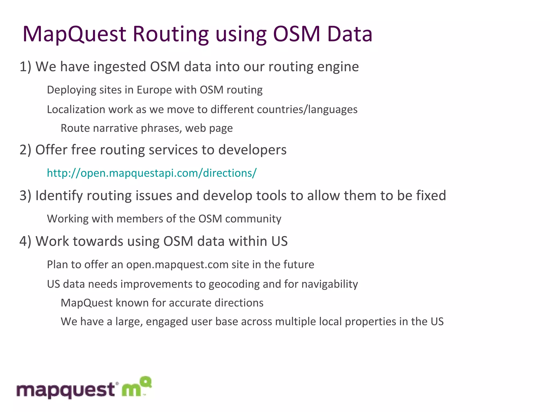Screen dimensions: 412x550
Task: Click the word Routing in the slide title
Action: pyautogui.click(x=171, y=34)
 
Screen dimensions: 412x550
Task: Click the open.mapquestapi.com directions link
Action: pyautogui.click(x=152, y=173)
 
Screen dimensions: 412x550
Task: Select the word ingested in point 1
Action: pyautogui.click(x=120, y=67)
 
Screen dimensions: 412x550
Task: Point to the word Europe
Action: pyautogui.click(x=154, y=90)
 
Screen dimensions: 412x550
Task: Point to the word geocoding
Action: pyautogui.click(x=234, y=284)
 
